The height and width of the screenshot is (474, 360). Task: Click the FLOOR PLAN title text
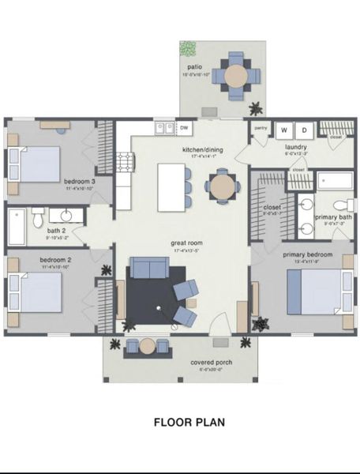(189, 422)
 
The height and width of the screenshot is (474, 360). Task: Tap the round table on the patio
(236, 76)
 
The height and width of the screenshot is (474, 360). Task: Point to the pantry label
(260, 127)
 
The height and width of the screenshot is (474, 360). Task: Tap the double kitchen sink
(163, 126)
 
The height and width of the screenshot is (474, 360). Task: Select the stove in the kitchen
(125, 163)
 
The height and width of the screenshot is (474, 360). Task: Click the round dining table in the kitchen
(222, 186)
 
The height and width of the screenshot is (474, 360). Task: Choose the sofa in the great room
(148, 268)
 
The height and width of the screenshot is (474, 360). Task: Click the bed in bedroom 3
(39, 165)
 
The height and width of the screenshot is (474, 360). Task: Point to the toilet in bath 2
(37, 215)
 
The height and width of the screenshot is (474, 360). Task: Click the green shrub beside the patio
(188, 49)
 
